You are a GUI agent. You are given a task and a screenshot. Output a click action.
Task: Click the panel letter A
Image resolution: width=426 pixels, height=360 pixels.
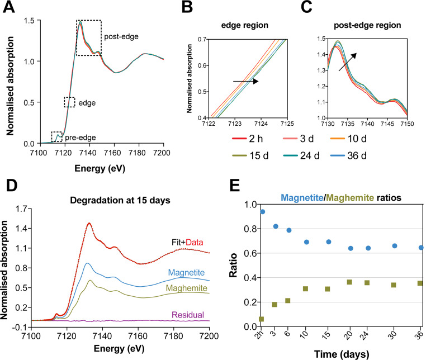click(x=9, y=7)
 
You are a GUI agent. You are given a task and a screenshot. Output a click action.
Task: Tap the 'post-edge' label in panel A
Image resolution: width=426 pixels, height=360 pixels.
click(x=121, y=36)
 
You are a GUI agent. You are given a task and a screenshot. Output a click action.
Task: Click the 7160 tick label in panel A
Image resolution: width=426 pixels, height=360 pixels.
click(x=114, y=153)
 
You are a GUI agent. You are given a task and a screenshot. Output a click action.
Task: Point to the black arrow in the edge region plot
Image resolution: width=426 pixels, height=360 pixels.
click(x=245, y=81)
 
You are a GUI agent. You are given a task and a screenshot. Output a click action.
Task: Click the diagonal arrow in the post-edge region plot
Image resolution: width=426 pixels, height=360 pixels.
click(x=348, y=62)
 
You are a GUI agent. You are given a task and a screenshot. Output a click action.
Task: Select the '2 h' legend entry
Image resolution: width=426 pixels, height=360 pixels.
click(x=248, y=139)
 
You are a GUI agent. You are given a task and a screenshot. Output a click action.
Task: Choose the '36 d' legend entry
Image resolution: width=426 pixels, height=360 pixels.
click(x=348, y=155)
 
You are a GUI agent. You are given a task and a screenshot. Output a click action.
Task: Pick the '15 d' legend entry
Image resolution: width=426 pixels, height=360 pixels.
click(x=250, y=155)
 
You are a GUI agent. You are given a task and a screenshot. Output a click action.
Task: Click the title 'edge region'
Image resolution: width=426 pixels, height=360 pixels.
click(x=245, y=25)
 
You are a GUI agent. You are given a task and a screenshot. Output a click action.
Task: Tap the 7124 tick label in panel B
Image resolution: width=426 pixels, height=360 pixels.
click(x=261, y=124)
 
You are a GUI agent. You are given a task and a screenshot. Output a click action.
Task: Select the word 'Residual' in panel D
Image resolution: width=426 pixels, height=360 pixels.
click(x=188, y=315)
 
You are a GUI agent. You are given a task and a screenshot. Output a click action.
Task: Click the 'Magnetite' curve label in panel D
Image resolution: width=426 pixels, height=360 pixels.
click(x=186, y=272)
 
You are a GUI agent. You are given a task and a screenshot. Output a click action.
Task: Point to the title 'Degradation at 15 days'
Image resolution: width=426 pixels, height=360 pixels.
click(x=120, y=200)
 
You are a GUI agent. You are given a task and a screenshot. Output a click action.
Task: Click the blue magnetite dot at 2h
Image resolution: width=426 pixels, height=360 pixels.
click(x=262, y=212)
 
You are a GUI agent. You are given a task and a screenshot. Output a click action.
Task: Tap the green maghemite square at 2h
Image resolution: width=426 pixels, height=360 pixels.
click(x=262, y=319)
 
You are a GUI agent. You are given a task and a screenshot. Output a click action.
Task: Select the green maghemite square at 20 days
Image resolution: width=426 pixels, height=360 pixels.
click(x=349, y=282)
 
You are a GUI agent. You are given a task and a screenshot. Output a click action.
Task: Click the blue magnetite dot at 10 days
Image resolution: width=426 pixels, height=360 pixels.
click(x=306, y=242)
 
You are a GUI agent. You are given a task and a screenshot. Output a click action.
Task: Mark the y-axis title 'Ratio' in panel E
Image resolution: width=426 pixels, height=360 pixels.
click(x=233, y=265)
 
